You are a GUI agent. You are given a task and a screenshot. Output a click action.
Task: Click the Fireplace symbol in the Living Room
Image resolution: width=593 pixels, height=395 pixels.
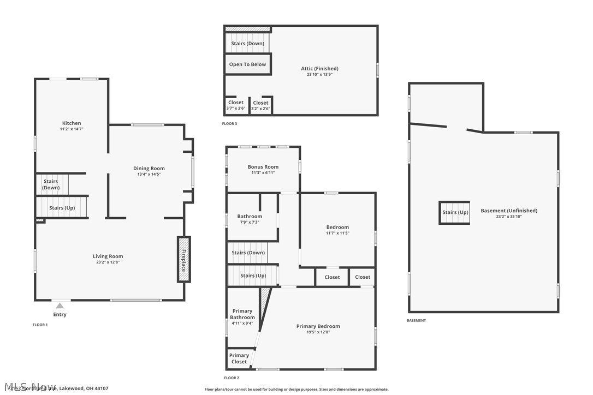pyautogui.click(x=183, y=259)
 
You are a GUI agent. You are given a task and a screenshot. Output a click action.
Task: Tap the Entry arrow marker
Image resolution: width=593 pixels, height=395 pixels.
pyautogui.click(x=60, y=306)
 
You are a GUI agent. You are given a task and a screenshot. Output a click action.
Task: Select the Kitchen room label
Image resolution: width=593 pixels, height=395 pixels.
pyautogui.click(x=72, y=123)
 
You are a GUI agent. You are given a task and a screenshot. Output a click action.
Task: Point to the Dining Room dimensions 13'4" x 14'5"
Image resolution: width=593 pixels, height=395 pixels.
pyautogui.click(x=149, y=175)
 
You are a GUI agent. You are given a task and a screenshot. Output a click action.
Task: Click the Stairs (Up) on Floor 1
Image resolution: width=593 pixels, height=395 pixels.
pyautogui.click(x=62, y=208)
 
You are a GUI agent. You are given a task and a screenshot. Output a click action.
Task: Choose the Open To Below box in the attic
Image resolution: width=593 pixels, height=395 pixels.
pyautogui.click(x=247, y=64)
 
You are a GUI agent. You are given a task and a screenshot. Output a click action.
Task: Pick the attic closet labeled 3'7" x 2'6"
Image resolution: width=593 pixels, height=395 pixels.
pyautogui.click(x=235, y=105)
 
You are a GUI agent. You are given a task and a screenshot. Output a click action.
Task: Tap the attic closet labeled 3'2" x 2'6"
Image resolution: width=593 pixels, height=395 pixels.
pyautogui.click(x=260, y=105)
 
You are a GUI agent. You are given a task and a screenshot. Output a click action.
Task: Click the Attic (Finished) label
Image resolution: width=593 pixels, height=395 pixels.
pyautogui.click(x=319, y=69)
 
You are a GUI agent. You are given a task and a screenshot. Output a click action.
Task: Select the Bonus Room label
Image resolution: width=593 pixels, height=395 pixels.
pyautogui.click(x=263, y=167)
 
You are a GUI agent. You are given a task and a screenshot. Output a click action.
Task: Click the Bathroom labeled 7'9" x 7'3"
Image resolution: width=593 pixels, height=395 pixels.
pyautogui.click(x=250, y=219)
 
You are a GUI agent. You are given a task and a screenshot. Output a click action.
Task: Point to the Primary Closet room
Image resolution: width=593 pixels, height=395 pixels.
pyautogui.click(x=239, y=358)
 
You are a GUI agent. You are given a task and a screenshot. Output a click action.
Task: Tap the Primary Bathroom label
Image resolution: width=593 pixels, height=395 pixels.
pyautogui.click(x=242, y=314)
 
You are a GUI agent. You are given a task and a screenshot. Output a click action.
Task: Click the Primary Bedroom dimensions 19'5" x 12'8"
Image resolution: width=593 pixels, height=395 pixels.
pyautogui.click(x=318, y=332)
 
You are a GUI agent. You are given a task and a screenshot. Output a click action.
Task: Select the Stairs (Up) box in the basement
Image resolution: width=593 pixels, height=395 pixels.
pyautogui.click(x=455, y=212)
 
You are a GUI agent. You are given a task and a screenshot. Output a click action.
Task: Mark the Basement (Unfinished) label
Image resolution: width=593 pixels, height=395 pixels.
pyautogui.click(x=509, y=211)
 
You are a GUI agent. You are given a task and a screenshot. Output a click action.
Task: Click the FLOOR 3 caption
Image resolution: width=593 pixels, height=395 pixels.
pyautogui.click(x=229, y=124)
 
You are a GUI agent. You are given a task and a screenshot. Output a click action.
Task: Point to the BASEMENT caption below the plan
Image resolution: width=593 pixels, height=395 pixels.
pyautogui.click(x=416, y=321)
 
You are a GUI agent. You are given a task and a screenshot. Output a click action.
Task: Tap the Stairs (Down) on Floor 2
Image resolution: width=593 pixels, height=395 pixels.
pyautogui.click(x=248, y=253)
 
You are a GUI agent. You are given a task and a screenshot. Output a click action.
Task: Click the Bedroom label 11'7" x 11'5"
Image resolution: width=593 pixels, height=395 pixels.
pyautogui.click(x=337, y=227)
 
